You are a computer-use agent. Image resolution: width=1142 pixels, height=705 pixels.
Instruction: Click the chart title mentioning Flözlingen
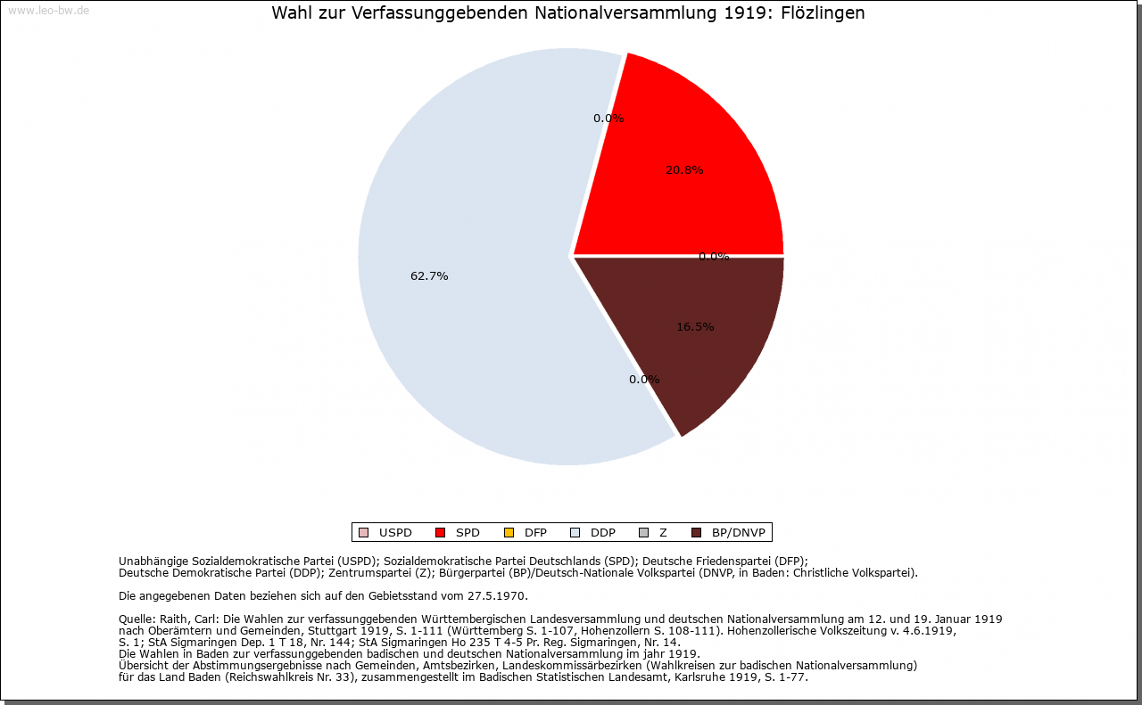(567, 13)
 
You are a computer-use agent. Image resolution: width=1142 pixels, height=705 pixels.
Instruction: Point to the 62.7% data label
(429, 276)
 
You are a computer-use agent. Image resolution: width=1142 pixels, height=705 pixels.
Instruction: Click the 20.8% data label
(684, 170)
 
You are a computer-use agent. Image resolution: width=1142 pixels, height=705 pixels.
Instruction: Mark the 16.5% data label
(695, 327)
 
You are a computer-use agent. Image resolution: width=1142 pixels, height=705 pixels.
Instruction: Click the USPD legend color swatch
(363, 533)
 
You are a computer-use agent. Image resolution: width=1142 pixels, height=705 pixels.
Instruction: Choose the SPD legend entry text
(468, 533)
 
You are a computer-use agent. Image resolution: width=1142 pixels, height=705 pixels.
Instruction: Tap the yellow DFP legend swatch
(509, 533)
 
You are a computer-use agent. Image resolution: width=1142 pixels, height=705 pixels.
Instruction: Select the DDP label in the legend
(602, 533)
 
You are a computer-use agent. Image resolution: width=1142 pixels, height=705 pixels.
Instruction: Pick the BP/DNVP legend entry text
(739, 533)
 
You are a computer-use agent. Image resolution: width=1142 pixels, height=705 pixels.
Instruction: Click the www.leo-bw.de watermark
(48, 11)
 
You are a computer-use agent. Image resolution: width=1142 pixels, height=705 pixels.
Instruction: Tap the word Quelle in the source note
(137, 619)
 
